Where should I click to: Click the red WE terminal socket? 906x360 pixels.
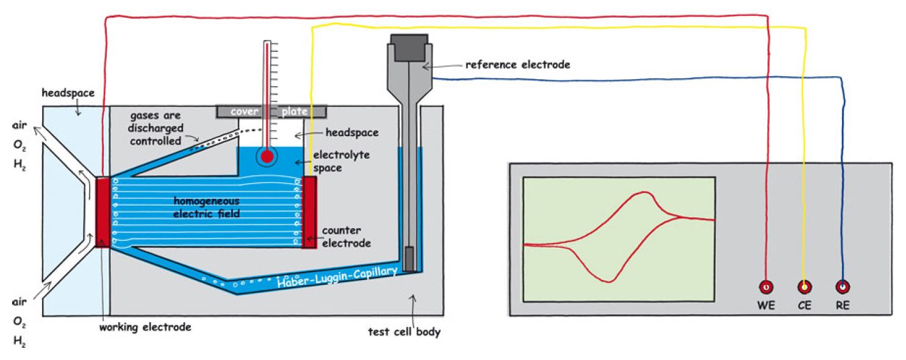click(x=766, y=287)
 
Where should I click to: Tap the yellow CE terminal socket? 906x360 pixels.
click(x=804, y=287)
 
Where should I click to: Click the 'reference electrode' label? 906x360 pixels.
click(x=517, y=64)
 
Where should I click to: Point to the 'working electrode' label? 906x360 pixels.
click(x=145, y=327)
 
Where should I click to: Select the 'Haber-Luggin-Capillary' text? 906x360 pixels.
click(x=337, y=276)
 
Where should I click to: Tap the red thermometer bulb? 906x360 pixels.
click(x=267, y=156)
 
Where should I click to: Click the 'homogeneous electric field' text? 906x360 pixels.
click(x=206, y=207)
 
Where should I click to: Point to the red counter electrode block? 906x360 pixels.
click(x=309, y=212)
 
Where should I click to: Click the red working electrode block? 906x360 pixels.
click(x=102, y=212)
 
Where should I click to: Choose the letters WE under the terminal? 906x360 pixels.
click(x=766, y=306)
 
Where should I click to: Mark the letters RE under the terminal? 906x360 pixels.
click(x=843, y=306)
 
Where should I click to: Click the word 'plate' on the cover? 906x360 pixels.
click(x=294, y=112)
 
